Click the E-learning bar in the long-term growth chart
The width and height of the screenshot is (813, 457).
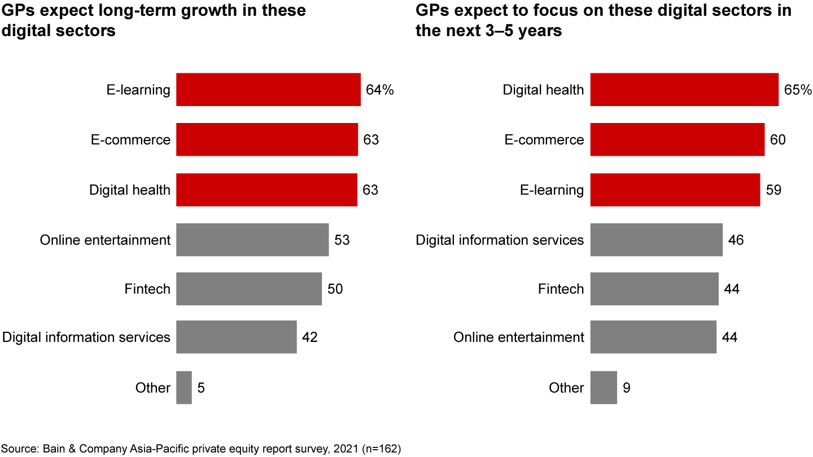coord(268,90)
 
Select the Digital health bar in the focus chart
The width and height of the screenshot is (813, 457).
coord(684,90)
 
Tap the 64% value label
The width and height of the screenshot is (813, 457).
coord(380,90)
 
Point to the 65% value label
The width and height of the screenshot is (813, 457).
coord(798,90)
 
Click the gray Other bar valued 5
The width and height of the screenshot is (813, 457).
coord(184,388)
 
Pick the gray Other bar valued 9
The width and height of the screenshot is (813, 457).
coord(604,388)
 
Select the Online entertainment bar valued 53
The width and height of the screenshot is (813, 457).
coord(252,240)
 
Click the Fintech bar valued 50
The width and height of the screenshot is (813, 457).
coord(249,289)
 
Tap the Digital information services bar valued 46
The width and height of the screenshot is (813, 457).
coord(656,240)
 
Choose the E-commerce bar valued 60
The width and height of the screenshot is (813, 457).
coord(677,139)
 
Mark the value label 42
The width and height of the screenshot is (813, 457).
coord(310,338)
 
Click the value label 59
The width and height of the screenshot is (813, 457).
coord(773,190)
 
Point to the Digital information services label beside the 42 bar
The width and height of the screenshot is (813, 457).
coord(86,337)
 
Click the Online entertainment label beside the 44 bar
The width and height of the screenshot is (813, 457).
coord(519,337)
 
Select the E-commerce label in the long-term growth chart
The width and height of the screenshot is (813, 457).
coord(130,139)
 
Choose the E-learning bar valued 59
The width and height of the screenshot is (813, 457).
coord(675,190)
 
